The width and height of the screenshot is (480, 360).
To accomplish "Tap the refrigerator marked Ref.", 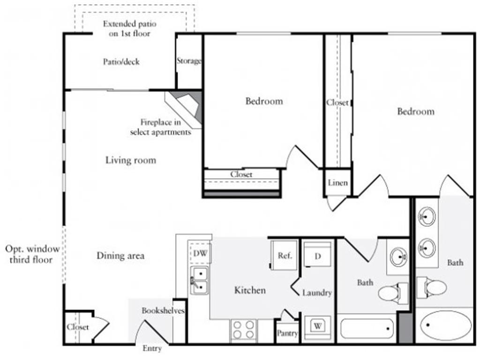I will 285,255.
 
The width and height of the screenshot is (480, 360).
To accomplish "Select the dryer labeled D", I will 317,256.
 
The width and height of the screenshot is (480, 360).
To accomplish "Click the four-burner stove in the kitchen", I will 244,330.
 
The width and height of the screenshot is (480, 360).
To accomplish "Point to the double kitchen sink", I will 199,280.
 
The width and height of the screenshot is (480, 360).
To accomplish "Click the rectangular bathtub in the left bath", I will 367,328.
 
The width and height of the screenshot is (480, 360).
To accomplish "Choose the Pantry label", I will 287,333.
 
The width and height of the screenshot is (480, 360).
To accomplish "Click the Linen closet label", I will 337,182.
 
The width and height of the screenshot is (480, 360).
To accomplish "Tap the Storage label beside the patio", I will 189,61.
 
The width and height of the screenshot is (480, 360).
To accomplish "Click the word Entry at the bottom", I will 152,348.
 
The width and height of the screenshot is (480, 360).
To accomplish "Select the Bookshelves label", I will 163,311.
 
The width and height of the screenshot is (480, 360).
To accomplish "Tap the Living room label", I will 130,160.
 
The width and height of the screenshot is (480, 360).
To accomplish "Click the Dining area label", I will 120,256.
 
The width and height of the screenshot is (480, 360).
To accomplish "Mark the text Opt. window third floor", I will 29,254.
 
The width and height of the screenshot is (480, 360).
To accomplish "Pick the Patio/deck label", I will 121,61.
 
